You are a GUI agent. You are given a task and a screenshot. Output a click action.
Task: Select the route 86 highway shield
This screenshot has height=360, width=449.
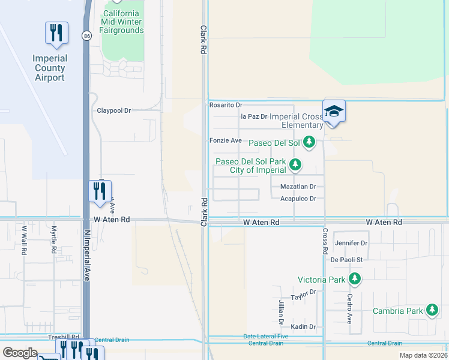[x=87, y=37]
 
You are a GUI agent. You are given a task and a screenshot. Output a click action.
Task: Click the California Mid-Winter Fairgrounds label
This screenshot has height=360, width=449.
[x=123, y=22]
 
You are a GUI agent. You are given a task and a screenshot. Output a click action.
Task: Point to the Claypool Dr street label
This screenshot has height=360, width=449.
[x=114, y=110]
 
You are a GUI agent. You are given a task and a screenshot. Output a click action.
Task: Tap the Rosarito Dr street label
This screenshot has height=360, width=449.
[x=226, y=104]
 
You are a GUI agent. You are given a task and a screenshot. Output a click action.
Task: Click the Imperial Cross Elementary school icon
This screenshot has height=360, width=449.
[x=334, y=111]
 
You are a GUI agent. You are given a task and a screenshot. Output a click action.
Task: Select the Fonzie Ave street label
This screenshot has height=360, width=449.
[x=225, y=140]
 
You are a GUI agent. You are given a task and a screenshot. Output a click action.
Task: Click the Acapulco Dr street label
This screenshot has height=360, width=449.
[x=298, y=199]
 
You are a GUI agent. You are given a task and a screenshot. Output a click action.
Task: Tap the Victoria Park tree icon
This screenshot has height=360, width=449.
[x=355, y=279]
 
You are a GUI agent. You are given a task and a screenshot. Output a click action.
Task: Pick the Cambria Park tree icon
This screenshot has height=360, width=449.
[x=432, y=310]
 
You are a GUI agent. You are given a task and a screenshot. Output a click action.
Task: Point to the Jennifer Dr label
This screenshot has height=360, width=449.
[x=351, y=243]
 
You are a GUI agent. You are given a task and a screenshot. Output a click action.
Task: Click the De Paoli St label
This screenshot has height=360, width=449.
[x=347, y=260]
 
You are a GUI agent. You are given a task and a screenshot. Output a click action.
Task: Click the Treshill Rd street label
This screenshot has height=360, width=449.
[x=64, y=337]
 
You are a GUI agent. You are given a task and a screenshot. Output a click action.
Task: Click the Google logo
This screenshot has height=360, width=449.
[x=20, y=353]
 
